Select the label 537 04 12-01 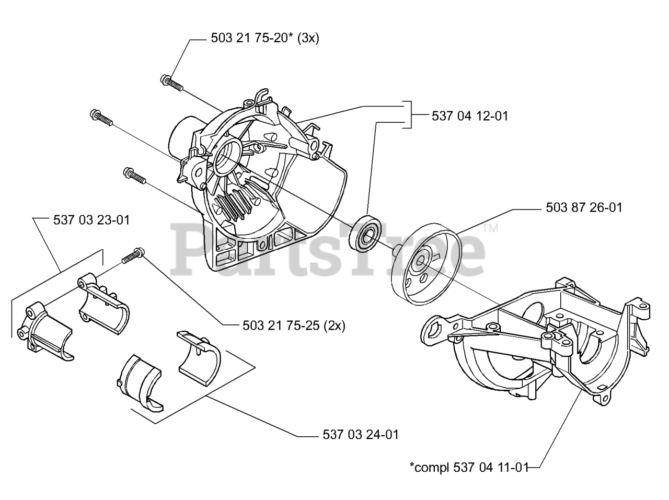click(x=470, y=116)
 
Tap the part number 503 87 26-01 click(x=584, y=208)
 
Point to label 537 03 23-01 click(x=91, y=220)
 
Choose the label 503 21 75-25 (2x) click(x=294, y=325)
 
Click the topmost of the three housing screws click(x=171, y=84)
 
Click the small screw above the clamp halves click(x=133, y=255)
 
